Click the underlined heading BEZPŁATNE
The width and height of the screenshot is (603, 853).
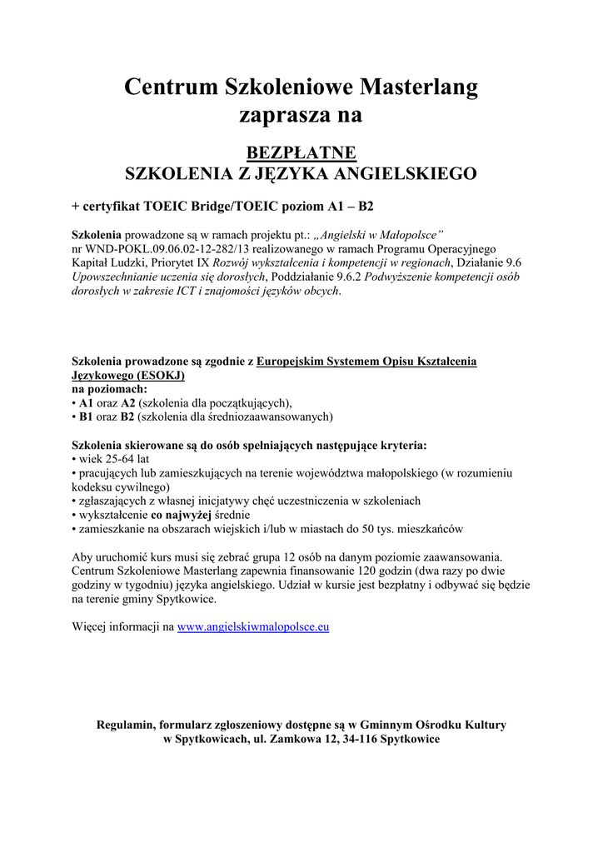(301, 152)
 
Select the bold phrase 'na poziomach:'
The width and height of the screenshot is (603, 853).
(109, 389)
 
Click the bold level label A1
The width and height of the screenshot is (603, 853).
(87, 402)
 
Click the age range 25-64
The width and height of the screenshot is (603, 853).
(119, 459)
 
